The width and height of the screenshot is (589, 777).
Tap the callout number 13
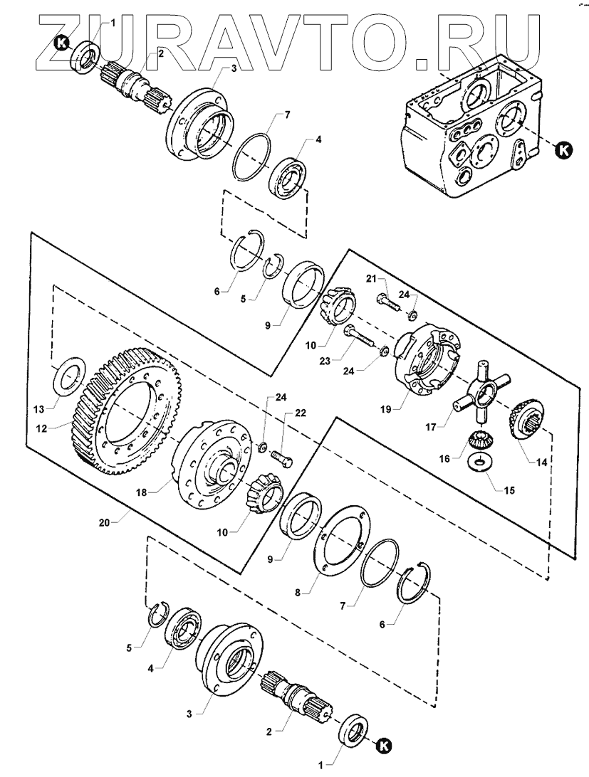(40, 408)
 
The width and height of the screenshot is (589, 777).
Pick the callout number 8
(298, 591)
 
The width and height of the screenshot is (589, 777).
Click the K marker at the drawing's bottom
(384, 744)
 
